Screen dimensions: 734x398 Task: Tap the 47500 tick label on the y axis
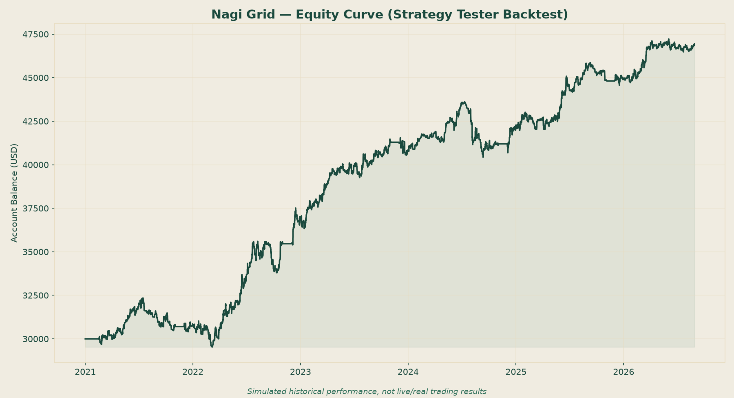pos(38,34)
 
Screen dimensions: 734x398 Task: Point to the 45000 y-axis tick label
pos(38,78)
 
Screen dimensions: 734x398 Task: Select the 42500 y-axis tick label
pos(38,121)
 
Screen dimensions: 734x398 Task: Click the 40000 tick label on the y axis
pos(38,165)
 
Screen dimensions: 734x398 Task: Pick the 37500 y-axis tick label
pos(38,208)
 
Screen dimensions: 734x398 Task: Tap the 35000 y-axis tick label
pos(38,252)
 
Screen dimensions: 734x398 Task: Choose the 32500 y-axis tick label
pos(38,295)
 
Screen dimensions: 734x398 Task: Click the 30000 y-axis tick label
pos(38,339)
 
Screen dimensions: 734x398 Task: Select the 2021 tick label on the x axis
pos(85,372)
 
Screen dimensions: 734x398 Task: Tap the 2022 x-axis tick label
pos(193,372)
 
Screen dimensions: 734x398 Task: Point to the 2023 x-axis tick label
pos(301,372)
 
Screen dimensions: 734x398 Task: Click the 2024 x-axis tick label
pos(408,372)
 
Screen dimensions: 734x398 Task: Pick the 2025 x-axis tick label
pos(516,372)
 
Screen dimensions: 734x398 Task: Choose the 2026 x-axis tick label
pos(623,372)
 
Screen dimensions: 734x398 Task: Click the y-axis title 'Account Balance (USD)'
pos(14,193)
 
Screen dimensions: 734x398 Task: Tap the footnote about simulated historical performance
pos(367,391)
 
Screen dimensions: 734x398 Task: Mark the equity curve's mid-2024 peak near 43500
pos(463,102)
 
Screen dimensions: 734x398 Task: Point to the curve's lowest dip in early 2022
pos(212,347)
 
